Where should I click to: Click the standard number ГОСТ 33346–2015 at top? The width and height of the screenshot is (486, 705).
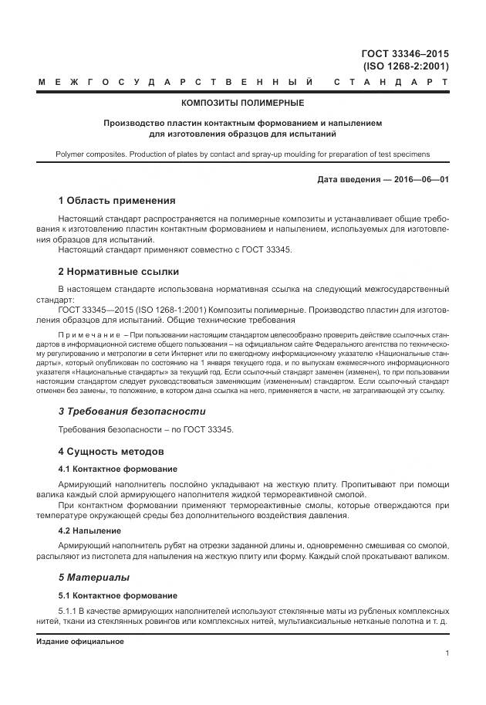click(405, 54)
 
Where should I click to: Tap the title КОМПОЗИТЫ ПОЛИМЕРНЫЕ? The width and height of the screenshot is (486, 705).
click(242, 103)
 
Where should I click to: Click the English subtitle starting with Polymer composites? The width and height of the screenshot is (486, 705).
click(242, 154)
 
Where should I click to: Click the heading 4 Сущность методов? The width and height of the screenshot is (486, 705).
click(113, 451)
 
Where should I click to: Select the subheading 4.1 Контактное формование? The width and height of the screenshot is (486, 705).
click(118, 469)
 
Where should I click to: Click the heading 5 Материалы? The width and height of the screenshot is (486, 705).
click(94, 577)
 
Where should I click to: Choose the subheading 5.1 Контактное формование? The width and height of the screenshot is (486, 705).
click(118, 595)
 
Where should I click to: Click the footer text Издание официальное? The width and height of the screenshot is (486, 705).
click(80, 642)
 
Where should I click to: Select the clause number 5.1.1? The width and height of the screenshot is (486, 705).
click(71, 610)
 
